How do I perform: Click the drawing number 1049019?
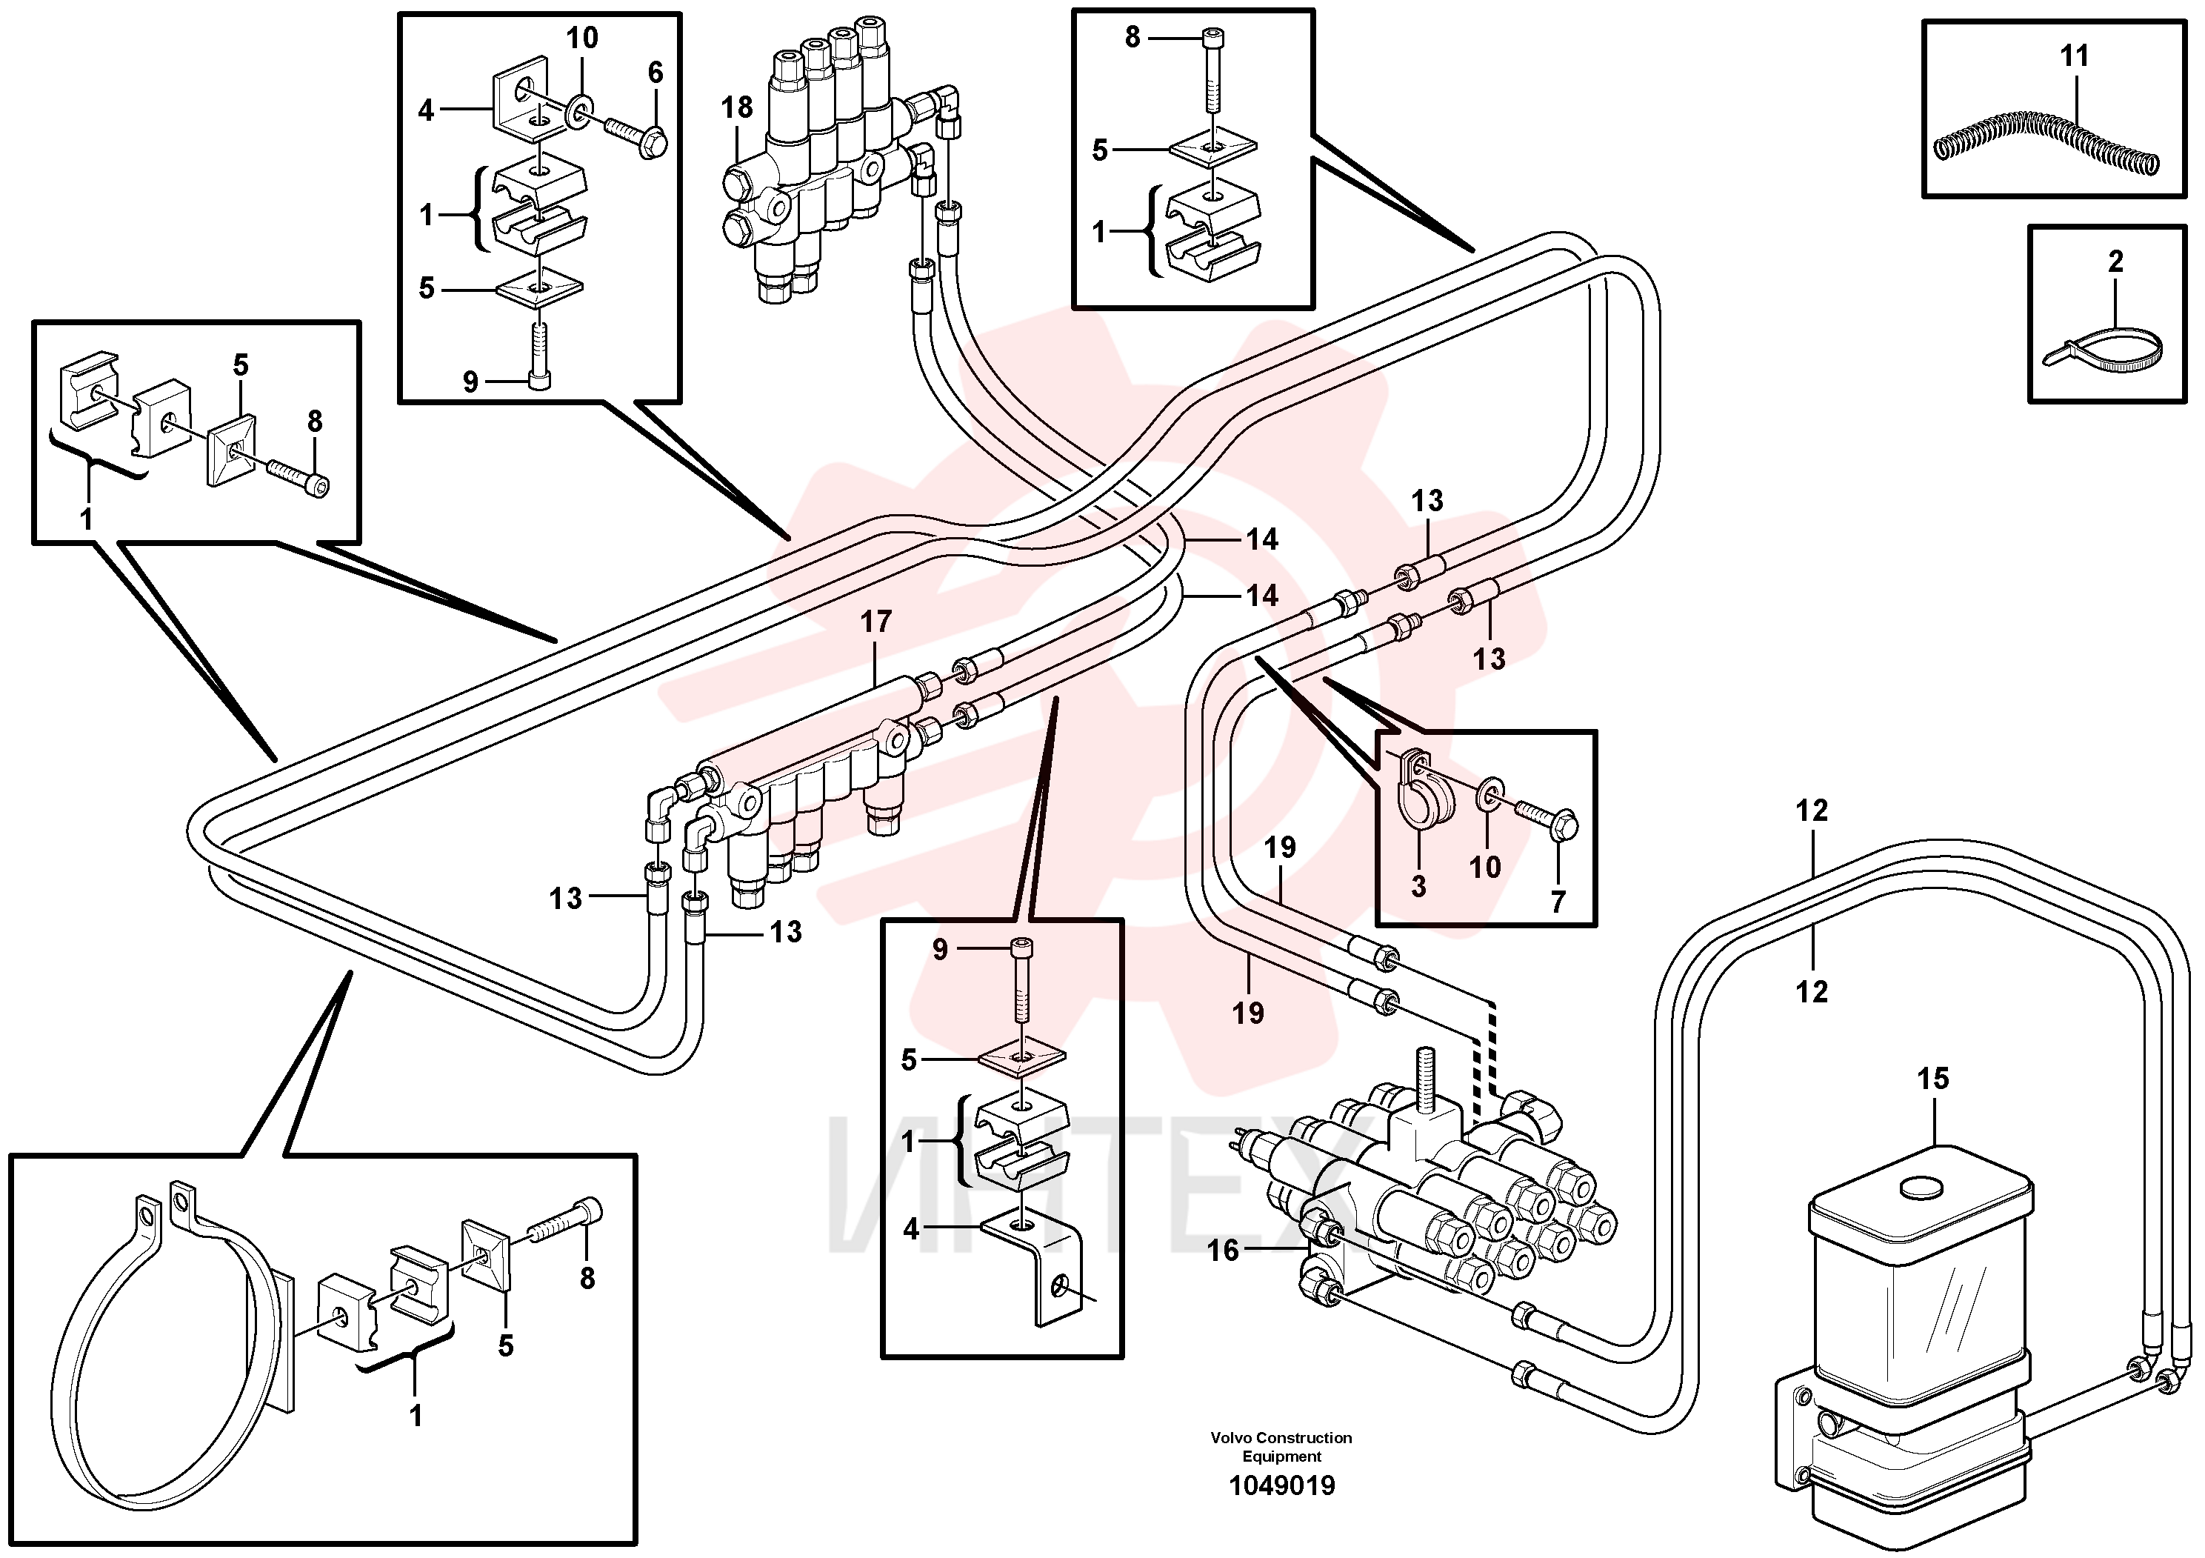[x=1282, y=1486]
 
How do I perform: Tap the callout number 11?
[x=2075, y=56]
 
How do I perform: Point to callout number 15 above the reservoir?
[x=1933, y=1078]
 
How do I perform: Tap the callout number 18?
[x=738, y=107]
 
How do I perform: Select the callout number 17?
[x=876, y=622]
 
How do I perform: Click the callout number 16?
[x=1224, y=1251]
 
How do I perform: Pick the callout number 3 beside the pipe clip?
[x=1418, y=885]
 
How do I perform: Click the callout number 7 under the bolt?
[x=1558, y=901]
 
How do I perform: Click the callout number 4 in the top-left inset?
[x=427, y=110]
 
